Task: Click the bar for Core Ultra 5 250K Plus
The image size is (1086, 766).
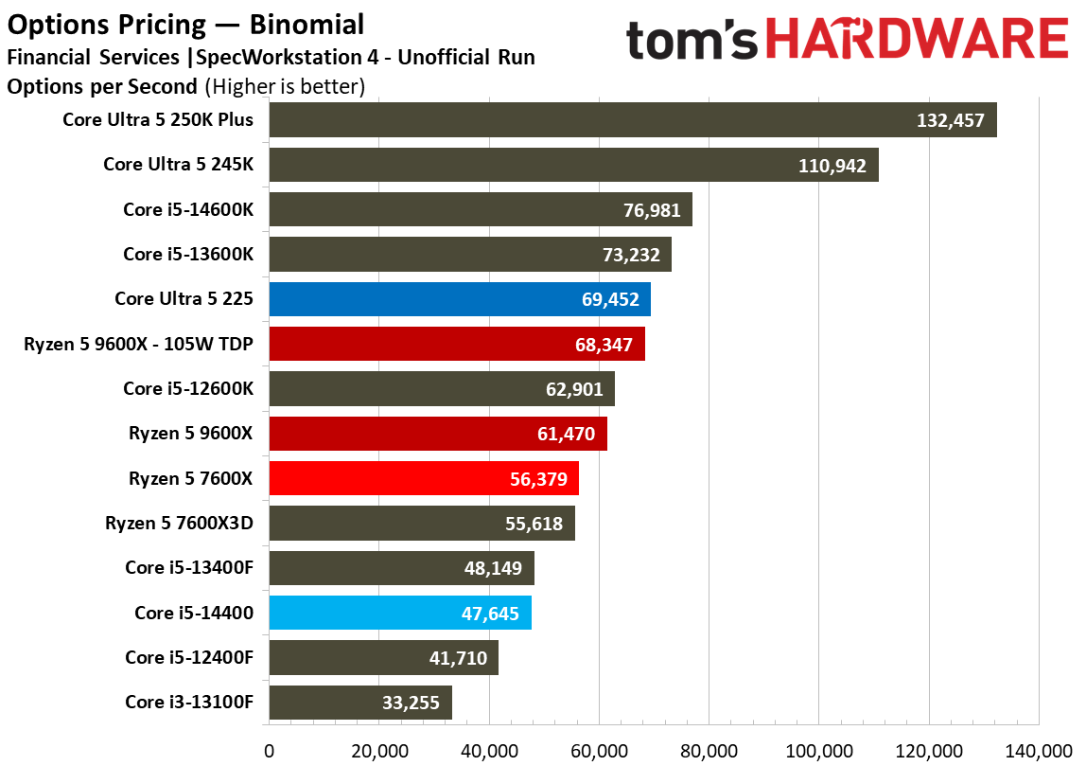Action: (x=633, y=120)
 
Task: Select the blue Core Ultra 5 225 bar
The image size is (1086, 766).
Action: (x=460, y=299)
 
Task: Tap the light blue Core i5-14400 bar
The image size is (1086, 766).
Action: (x=400, y=613)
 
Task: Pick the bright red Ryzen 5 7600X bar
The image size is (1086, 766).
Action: (x=424, y=478)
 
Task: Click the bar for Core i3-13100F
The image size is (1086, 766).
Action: (x=360, y=703)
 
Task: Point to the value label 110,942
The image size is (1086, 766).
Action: (x=832, y=166)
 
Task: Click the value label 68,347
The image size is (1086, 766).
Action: (x=604, y=345)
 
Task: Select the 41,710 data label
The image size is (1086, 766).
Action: (x=458, y=658)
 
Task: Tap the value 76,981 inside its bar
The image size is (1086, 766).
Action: (x=652, y=210)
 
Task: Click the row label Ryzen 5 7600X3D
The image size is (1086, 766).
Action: (x=179, y=523)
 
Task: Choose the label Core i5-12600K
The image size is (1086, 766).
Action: (x=188, y=388)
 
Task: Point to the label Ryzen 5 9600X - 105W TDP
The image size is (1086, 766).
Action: (x=138, y=344)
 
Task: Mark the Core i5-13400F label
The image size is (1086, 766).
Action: (x=189, y=567)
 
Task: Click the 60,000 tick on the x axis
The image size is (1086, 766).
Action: (x=599, y=751)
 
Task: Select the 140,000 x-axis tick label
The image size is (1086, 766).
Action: (x=1038, y=751)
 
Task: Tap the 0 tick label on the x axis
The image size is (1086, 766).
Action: (x=270, y=751)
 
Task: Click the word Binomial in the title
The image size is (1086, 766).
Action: (x=307, y=25)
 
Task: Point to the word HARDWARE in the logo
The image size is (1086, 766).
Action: (x=918, y=39)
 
